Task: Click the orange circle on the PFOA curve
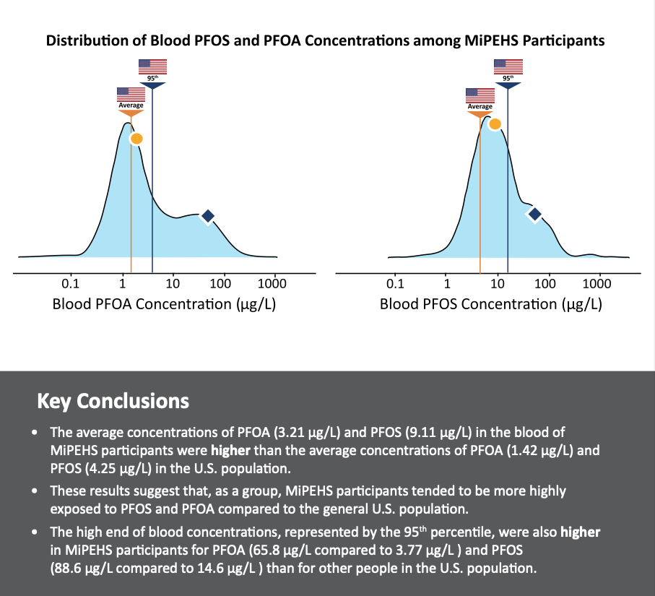click(136, 138)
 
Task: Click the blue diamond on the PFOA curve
click(208, 216)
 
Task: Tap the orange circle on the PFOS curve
click(495, 124)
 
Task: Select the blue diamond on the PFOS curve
click(534, 214)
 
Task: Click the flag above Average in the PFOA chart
click(131, 94)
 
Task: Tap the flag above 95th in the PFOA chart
click(152, 66)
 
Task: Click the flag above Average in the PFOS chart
click(480, 95)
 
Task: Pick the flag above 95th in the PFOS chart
click(508, 66)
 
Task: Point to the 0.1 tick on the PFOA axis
click(71, 284)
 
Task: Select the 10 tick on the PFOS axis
click(498, 284)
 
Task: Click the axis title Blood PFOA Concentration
click(164, 304)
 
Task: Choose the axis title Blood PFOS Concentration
click(490, 304)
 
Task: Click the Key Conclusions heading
click(113, 401)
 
